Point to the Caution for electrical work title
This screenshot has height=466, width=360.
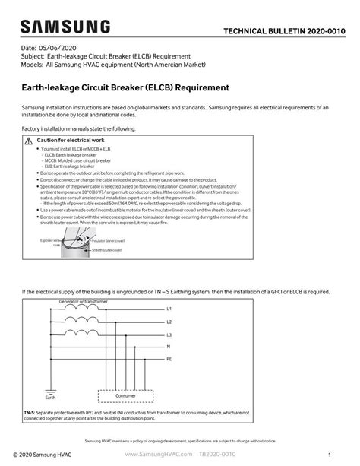70,141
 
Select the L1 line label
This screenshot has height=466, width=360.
169,309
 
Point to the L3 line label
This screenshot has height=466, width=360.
169,334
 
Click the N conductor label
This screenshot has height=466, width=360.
169,347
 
